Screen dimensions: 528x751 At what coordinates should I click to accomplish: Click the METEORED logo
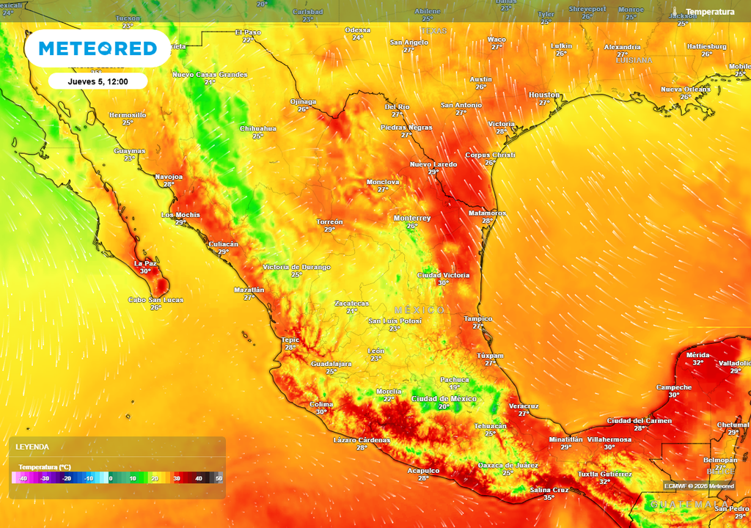pos(98,48)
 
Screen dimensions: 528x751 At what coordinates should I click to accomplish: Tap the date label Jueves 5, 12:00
pos(98,81)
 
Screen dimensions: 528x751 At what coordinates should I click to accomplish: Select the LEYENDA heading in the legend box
pos(33,447)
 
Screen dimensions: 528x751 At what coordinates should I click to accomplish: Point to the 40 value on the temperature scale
pos(198,478)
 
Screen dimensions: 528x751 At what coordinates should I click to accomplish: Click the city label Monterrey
pos(412,218)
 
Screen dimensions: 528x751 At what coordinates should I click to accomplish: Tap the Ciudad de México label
pos(444,398)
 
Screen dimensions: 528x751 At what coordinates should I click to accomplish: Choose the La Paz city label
pos(144,263)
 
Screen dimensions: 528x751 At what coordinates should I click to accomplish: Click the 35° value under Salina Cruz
pos(549,498)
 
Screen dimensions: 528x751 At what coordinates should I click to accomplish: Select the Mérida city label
pos(697,354)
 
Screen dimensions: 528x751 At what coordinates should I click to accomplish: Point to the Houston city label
pos(544,95)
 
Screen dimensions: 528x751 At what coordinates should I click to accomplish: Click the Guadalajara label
pos(331,364)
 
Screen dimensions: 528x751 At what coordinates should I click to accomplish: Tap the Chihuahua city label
pos(258,128)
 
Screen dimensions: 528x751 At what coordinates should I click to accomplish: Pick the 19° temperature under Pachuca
pos(455,387)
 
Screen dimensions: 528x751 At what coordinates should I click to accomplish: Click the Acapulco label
pos(423,470)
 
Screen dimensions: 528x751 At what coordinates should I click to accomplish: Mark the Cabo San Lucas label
pos(156,299)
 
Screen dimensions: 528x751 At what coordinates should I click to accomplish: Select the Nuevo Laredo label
pos(433,164)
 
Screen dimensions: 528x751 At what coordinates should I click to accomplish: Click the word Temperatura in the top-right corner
pos(710,12)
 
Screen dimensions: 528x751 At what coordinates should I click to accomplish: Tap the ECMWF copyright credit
pos(699,485)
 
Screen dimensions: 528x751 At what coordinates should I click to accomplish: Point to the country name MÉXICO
pos(420,310)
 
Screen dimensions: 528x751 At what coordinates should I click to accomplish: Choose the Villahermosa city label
pos(609,439)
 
